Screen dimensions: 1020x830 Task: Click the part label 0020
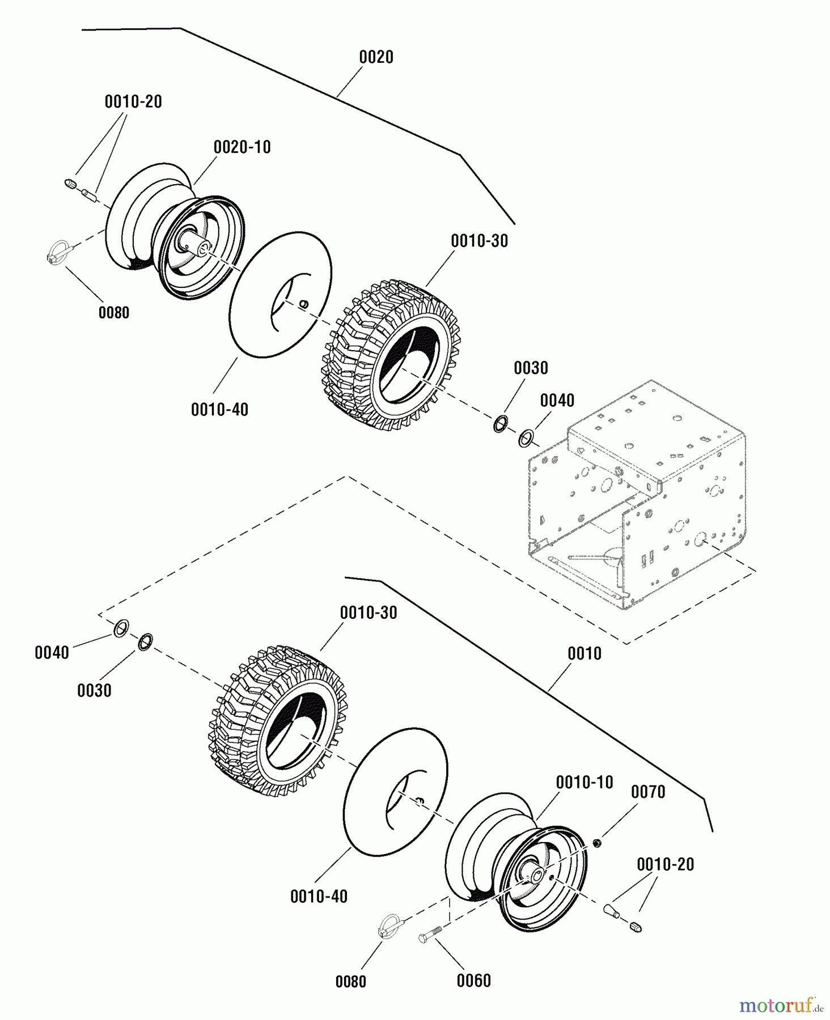(376, 57)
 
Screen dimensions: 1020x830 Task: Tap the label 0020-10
(242, 147)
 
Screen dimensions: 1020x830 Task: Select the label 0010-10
(585, 783)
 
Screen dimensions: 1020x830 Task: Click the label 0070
(648, 792)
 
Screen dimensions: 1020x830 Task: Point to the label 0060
(473, 980)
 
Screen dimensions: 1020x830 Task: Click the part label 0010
(585, 654)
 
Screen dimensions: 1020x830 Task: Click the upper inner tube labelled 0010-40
(280, 295)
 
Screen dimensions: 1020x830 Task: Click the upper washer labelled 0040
(526, 437)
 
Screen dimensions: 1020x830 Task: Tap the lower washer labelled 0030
(145, 642)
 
